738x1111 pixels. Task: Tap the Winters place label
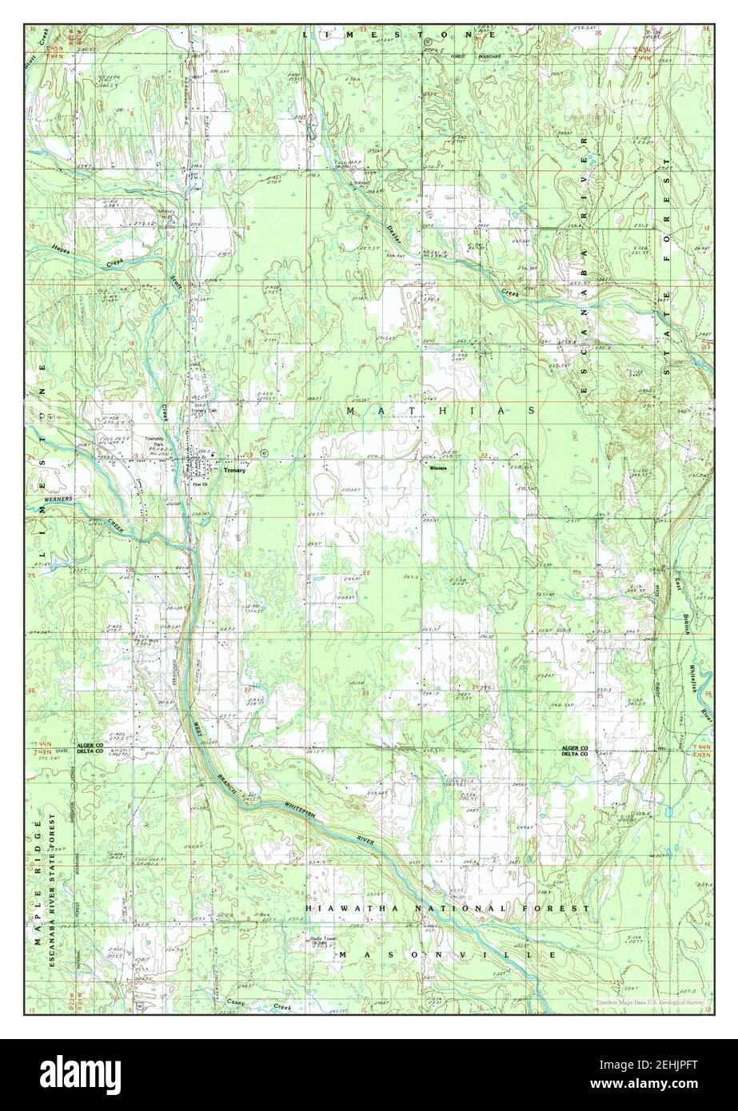(436, 468)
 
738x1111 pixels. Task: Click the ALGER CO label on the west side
(90, 745)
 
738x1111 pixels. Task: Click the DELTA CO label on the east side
(573, 753)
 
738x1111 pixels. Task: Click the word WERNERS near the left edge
(58, 499)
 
